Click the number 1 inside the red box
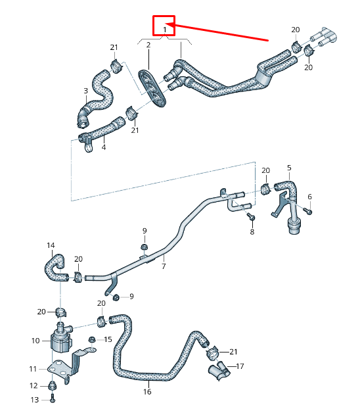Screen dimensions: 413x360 [x=164, y=29]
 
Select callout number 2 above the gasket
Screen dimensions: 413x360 [x=148, y=45]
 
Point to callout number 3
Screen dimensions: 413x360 [x=85, y=90]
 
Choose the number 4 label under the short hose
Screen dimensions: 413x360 [x=103, y=147]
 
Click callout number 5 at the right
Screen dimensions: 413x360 [x=289, y=168]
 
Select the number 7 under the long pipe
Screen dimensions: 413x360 [x=164, y=266]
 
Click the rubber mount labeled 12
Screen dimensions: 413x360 [x=52, y=385]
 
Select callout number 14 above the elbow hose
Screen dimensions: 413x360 [x=51, y=245]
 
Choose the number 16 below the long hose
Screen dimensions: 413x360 [x=147, y=392]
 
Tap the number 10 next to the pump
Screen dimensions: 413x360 [x=35, y=341]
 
